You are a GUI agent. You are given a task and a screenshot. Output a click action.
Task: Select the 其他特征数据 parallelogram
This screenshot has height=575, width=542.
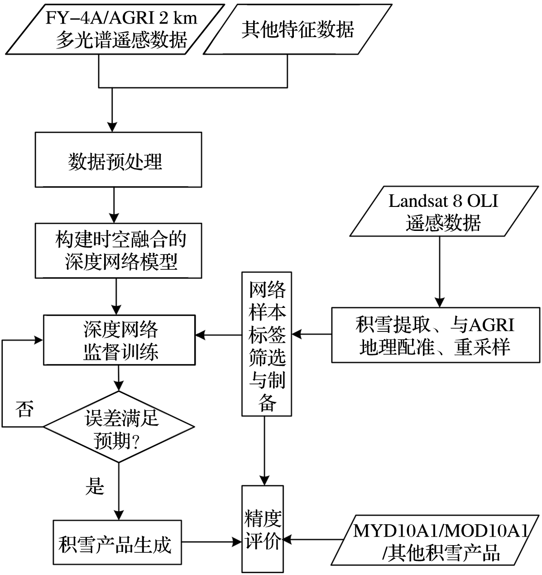click(297, 30)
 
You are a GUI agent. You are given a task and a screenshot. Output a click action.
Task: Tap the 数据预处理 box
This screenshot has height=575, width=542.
click(118, 160)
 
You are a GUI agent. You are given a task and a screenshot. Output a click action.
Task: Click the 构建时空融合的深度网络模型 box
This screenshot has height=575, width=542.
click(118, 250)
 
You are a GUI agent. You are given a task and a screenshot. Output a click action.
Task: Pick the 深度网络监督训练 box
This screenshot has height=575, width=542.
click(119, 340)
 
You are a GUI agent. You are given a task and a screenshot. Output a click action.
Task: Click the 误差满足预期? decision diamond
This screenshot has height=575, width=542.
click(119, 426)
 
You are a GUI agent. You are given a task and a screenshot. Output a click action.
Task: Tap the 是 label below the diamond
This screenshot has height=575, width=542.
click(95, 486)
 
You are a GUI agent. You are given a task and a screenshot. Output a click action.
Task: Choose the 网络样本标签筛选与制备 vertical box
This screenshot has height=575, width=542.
click(267, 344)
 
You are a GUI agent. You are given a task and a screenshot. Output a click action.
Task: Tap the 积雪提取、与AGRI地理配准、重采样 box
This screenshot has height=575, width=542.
click(436, 335)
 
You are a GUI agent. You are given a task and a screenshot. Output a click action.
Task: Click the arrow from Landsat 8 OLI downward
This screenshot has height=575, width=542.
click(439, 272)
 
